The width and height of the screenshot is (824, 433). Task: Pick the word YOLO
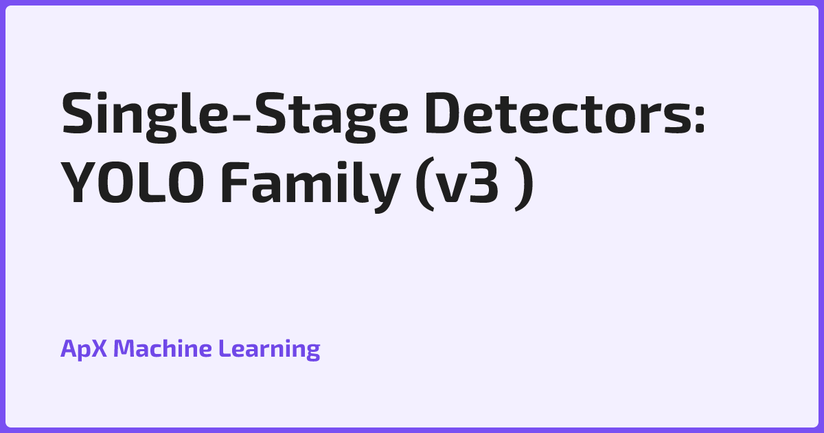coord(132,183)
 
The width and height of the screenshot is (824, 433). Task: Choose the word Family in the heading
coord(310,186)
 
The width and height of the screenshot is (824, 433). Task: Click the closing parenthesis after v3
coord(523,184)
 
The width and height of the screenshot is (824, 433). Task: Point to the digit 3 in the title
coord(485,183)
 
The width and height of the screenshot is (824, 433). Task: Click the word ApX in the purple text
coord(84,349)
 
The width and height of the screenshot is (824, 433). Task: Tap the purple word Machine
coord(163,348)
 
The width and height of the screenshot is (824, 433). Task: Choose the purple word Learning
coord(269,349)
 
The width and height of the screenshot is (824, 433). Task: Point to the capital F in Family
coord(235,183)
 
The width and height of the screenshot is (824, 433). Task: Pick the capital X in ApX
coord(99,348)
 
